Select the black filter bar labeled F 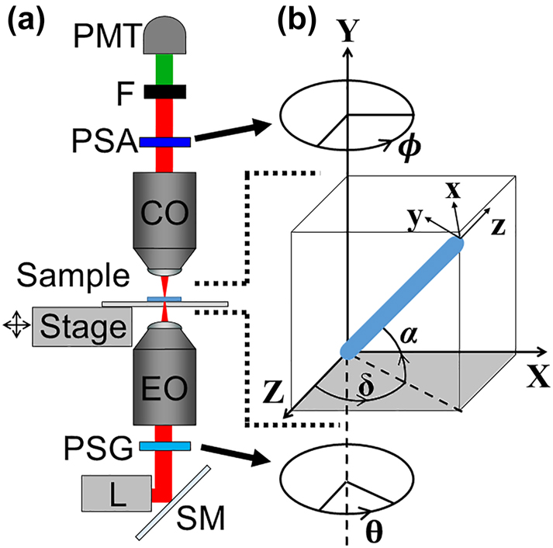164,92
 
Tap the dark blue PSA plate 164,142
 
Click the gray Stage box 82,327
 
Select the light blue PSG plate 164,446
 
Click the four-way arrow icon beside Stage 15,326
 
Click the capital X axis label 534,376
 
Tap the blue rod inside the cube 403,298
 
